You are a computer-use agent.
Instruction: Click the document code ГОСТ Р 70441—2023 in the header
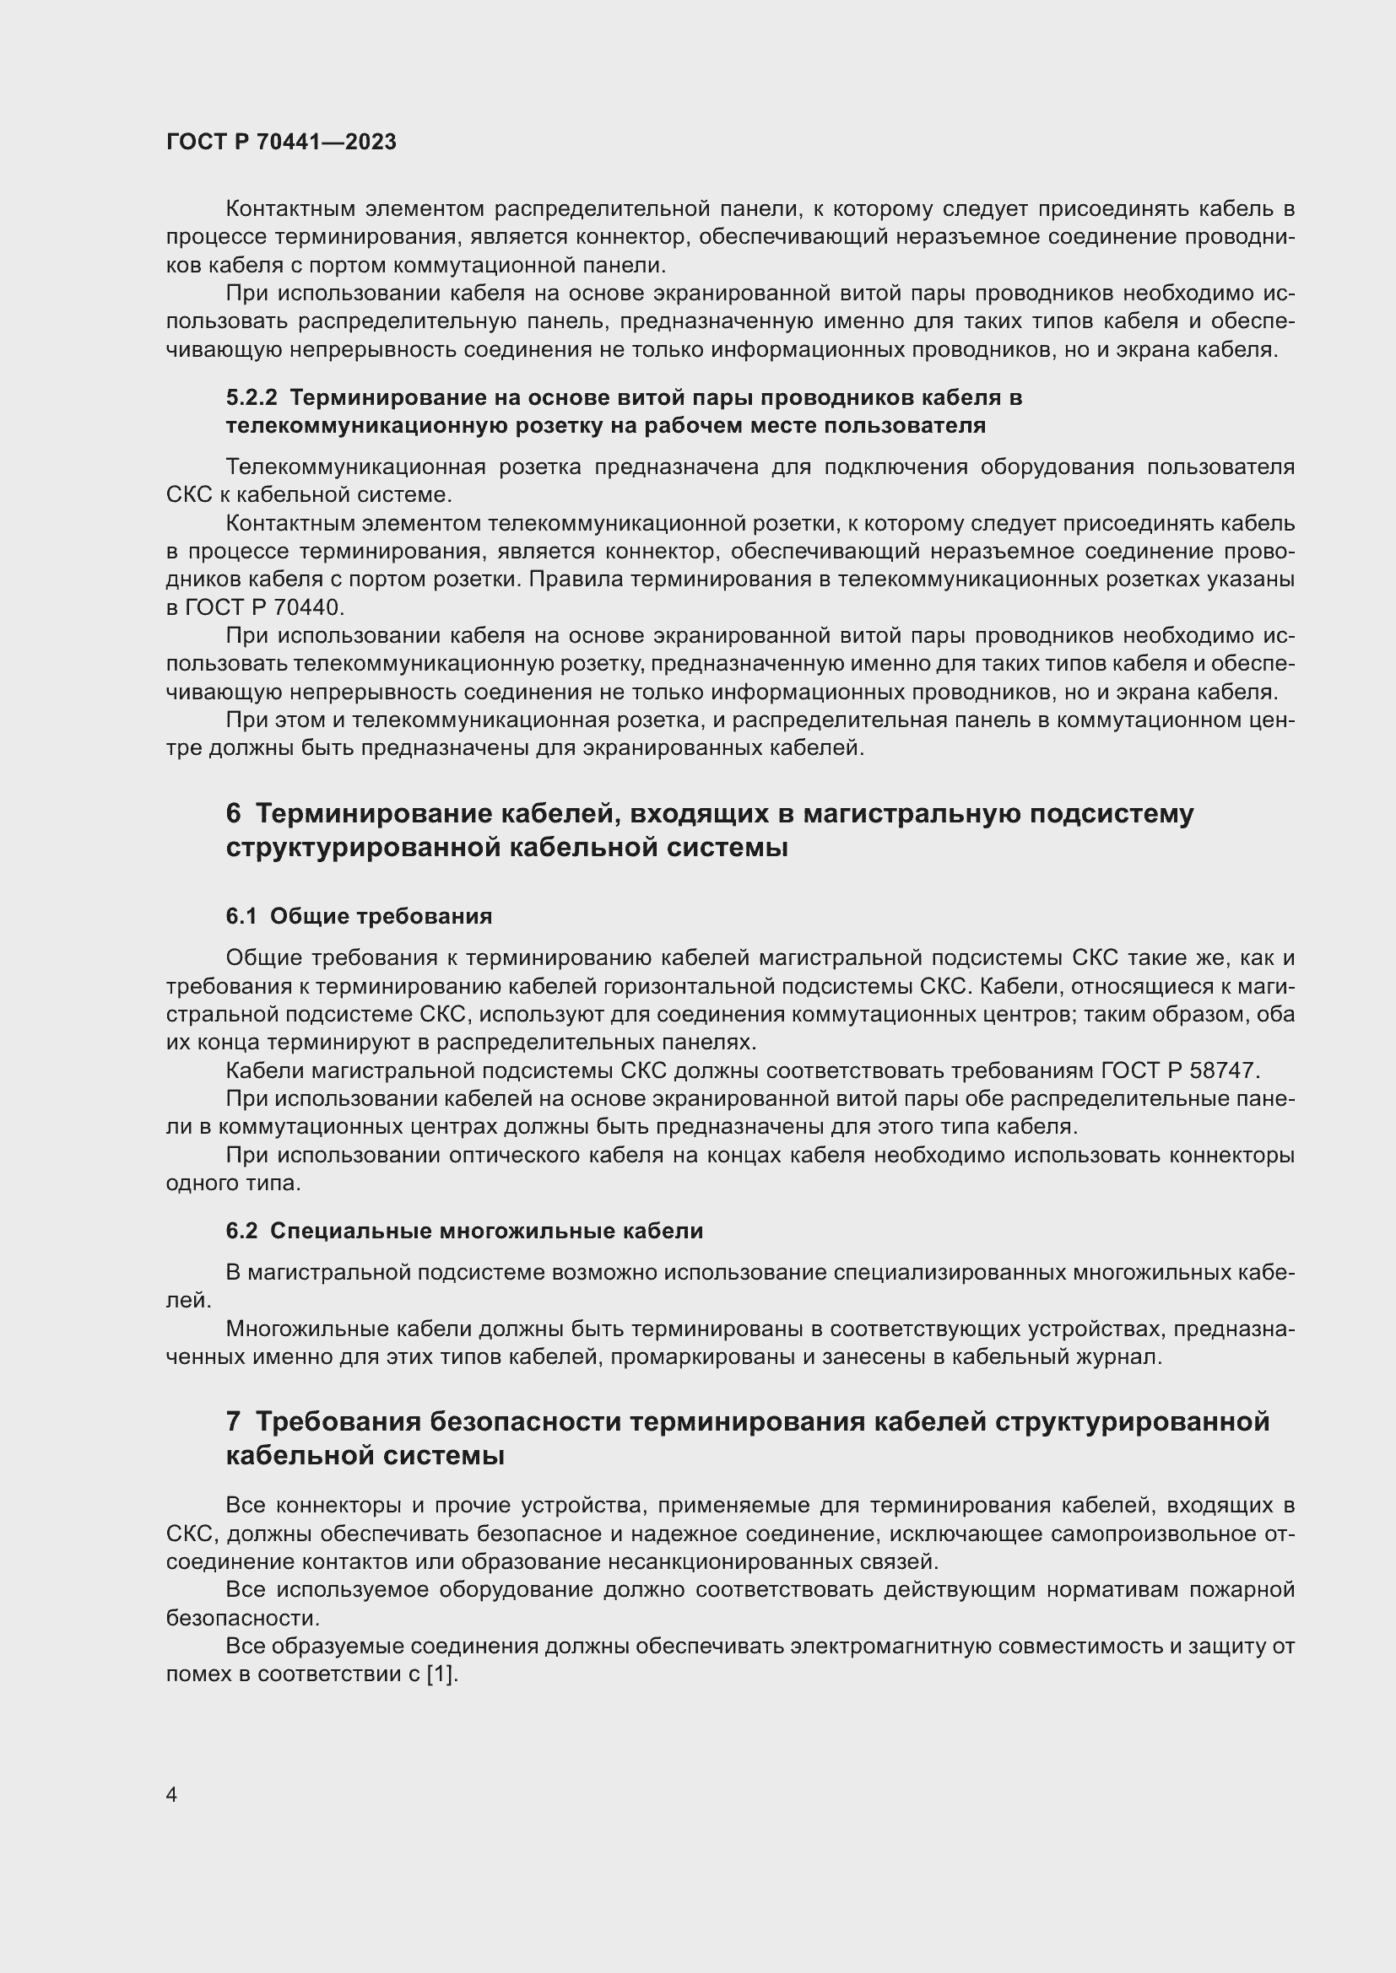click(281, 142)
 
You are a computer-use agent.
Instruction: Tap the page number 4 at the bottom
click(172, 1794)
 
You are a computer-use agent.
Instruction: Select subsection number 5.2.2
click(252, 397)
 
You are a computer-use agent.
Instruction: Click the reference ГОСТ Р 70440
click(263, 607)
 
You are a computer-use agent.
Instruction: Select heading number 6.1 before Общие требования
click(241, 916)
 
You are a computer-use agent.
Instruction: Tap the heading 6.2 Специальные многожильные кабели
click(464, 1231)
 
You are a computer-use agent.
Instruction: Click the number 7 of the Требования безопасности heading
click(234, 1421)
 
